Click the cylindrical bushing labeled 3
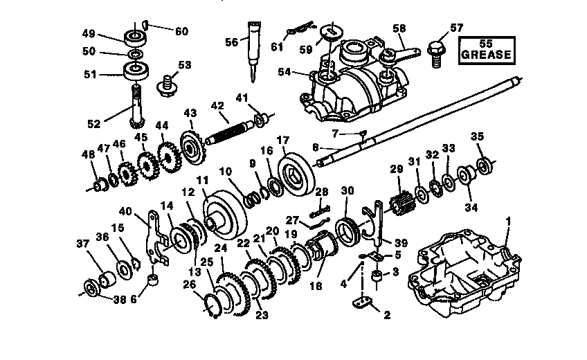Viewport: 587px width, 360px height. (377, 279)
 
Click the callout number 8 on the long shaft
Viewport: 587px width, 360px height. (315, 147)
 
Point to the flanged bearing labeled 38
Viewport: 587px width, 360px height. (91, 288)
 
